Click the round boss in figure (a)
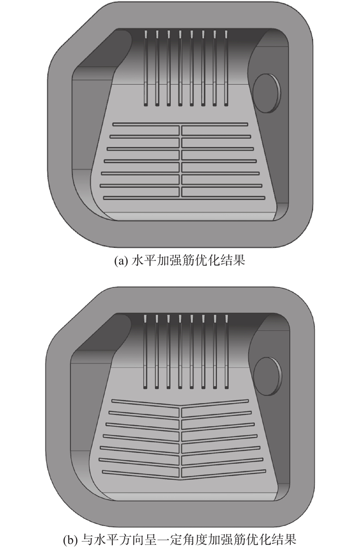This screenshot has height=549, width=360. (x=267, y=94)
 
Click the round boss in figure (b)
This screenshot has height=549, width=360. (x=267, y=376)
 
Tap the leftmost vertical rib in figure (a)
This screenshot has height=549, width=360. (x=146, y=68)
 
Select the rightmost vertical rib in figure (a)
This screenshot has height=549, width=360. (x=226, y=68)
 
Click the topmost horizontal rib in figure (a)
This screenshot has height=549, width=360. (x=180, y=124)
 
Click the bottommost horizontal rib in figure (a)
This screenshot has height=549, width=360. (x=184, y=198)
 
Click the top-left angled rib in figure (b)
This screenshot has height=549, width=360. (x=146, y=403)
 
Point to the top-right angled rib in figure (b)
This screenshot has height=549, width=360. (x=215, y=403)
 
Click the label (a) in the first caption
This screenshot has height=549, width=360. (x=121, y=261)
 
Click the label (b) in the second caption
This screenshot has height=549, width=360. (x=70, y=540)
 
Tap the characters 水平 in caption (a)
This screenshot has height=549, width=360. (x=144, y=261)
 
